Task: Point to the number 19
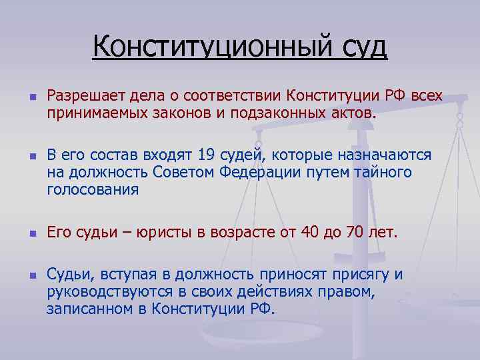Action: [x=207, y=155]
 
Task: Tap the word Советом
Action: [x=180, y=173]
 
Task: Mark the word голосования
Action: [x=93, y=190]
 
